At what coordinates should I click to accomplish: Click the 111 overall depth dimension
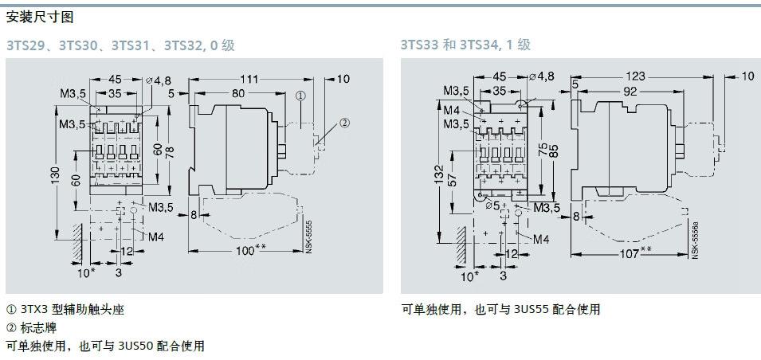249,79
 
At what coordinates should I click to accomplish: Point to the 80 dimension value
237,93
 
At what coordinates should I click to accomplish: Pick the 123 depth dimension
636,76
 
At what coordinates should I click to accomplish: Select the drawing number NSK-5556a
694,241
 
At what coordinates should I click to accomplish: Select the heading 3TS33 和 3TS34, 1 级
465,45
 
